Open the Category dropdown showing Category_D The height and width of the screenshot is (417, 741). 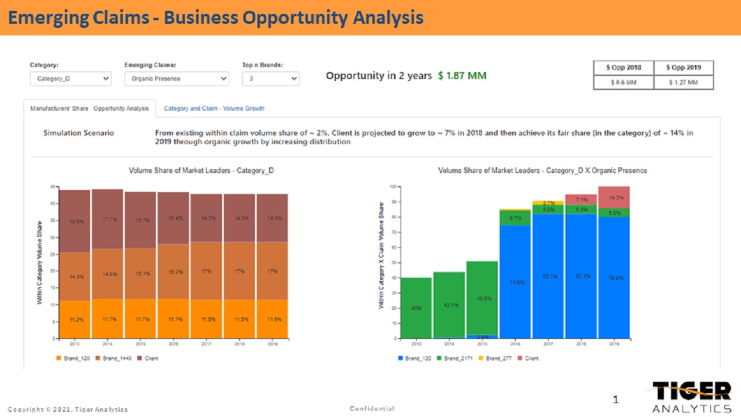coord(70,79)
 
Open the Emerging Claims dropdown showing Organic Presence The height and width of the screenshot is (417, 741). coord(177,79)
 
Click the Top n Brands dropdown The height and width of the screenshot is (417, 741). coord(270,79)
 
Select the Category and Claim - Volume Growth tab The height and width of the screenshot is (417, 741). coord(214,108)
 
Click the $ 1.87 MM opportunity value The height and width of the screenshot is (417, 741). coord(462,76)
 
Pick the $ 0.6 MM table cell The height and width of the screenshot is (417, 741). coord(623,82)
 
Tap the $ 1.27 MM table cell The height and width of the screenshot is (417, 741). coord(683,82)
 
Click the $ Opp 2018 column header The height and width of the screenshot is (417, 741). coord(623,68)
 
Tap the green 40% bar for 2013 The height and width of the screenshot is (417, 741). coord(416,308)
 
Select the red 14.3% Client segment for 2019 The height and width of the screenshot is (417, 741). coord(614,197)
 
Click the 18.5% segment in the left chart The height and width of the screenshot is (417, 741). coord(75,221)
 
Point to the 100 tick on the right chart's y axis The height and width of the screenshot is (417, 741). coord(392,187)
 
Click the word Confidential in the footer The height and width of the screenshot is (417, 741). coord(372,409)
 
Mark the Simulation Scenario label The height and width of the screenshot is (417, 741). coord(79,133)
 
